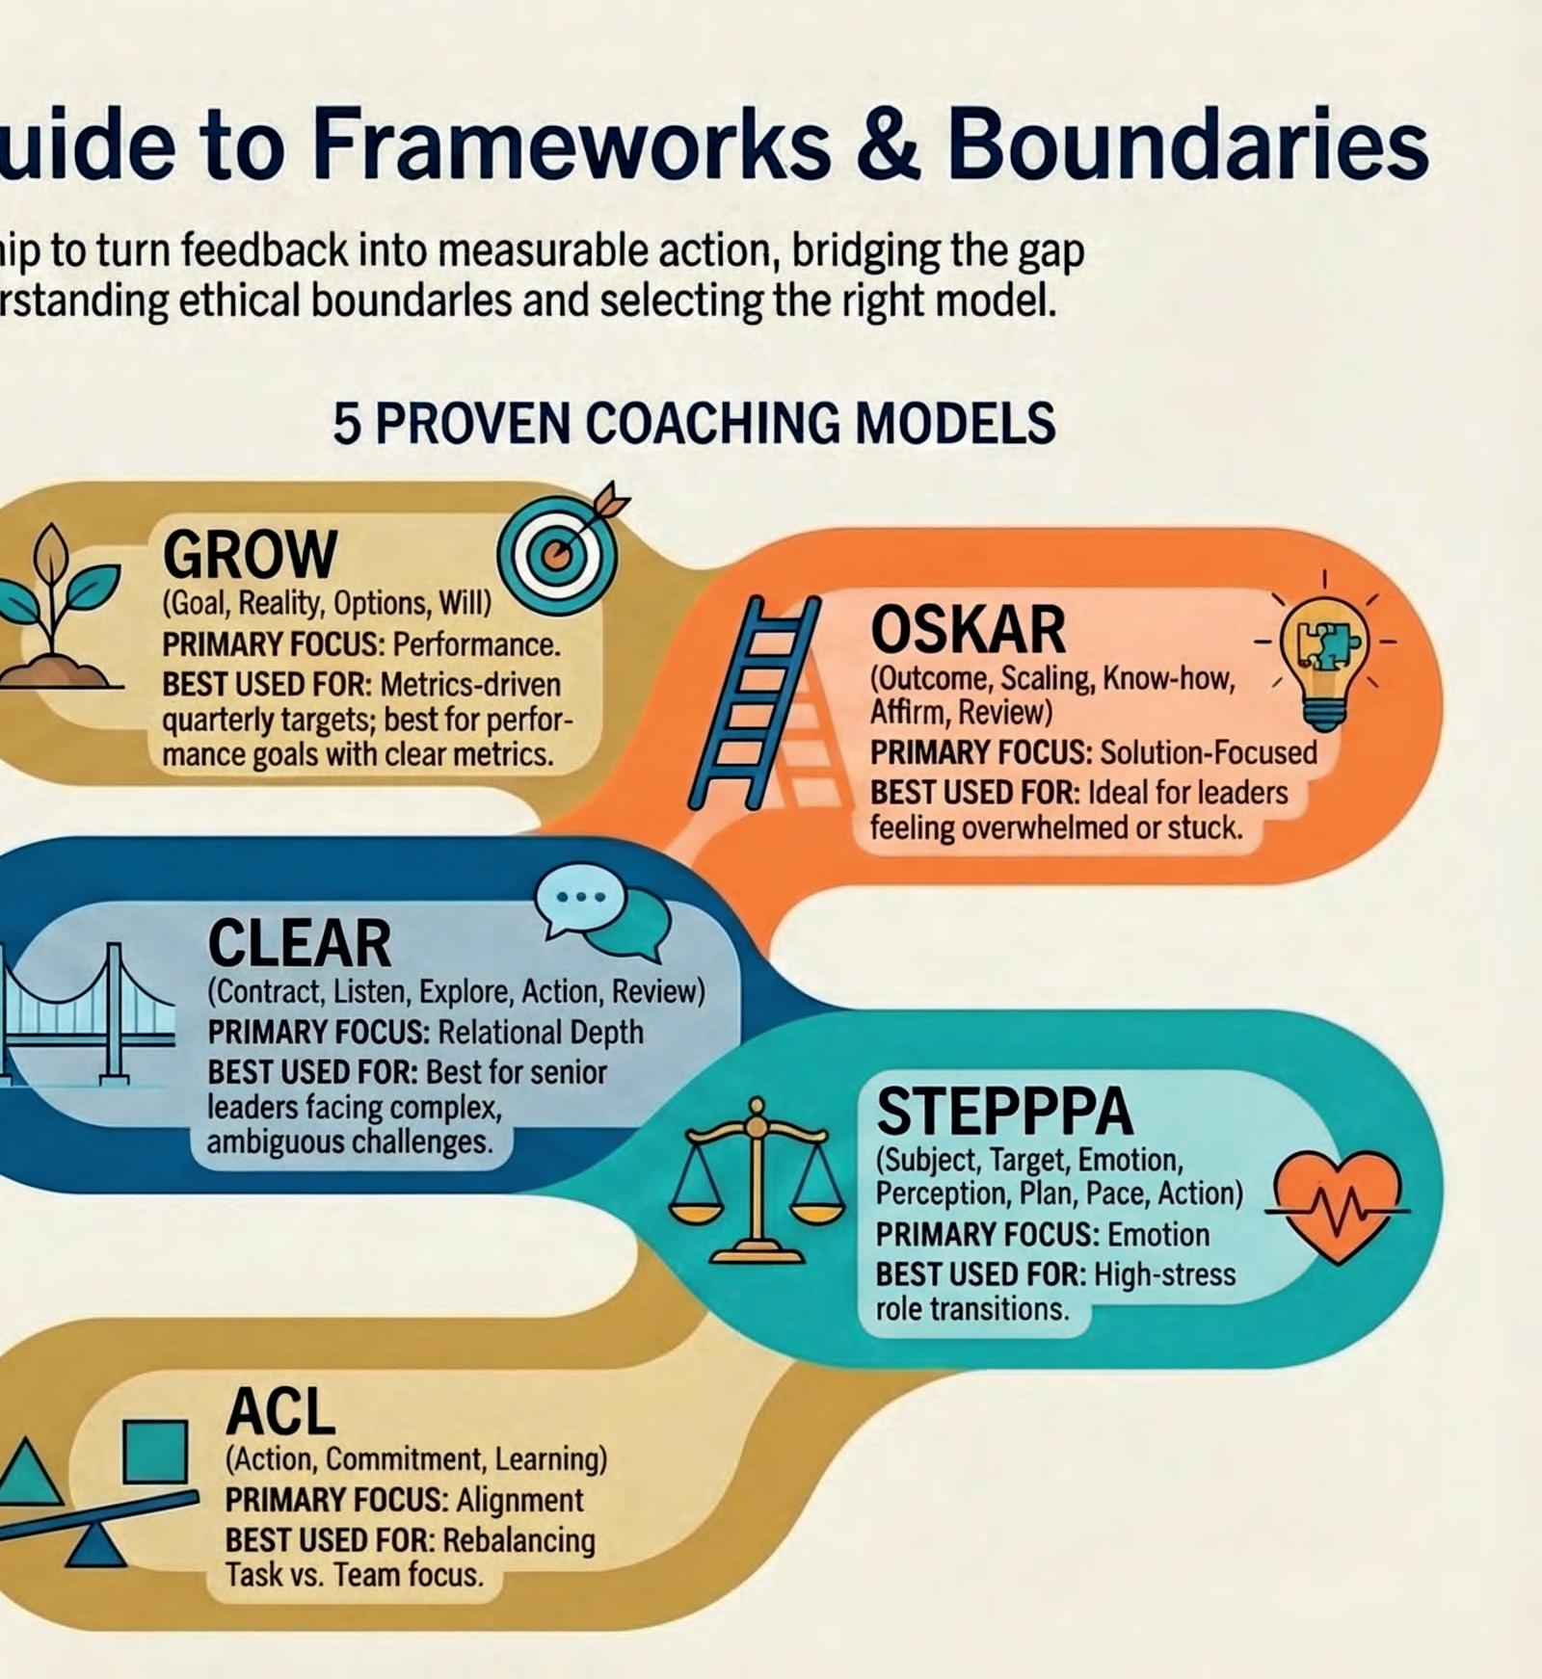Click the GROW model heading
(250, 555)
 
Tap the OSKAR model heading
(968, 630)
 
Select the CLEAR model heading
(300, 943)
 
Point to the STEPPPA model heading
(1004, 1112)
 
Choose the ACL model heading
(280, 1413)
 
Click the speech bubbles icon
(603, 911)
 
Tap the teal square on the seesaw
(155, 1451)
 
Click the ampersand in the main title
(889, 144)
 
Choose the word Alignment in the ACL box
(519, 1500)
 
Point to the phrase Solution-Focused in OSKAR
(1209, 752)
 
